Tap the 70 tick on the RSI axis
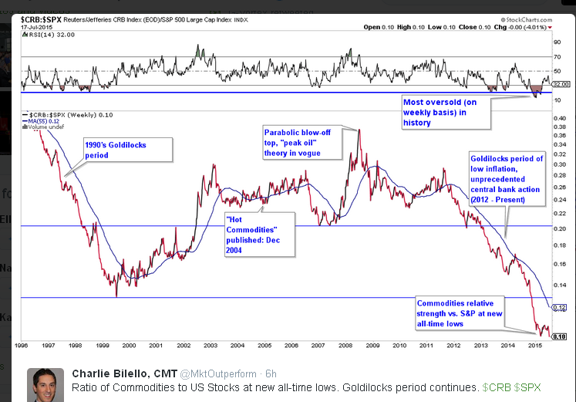[x=557, y=56]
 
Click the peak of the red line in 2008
[x=359, y=130]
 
